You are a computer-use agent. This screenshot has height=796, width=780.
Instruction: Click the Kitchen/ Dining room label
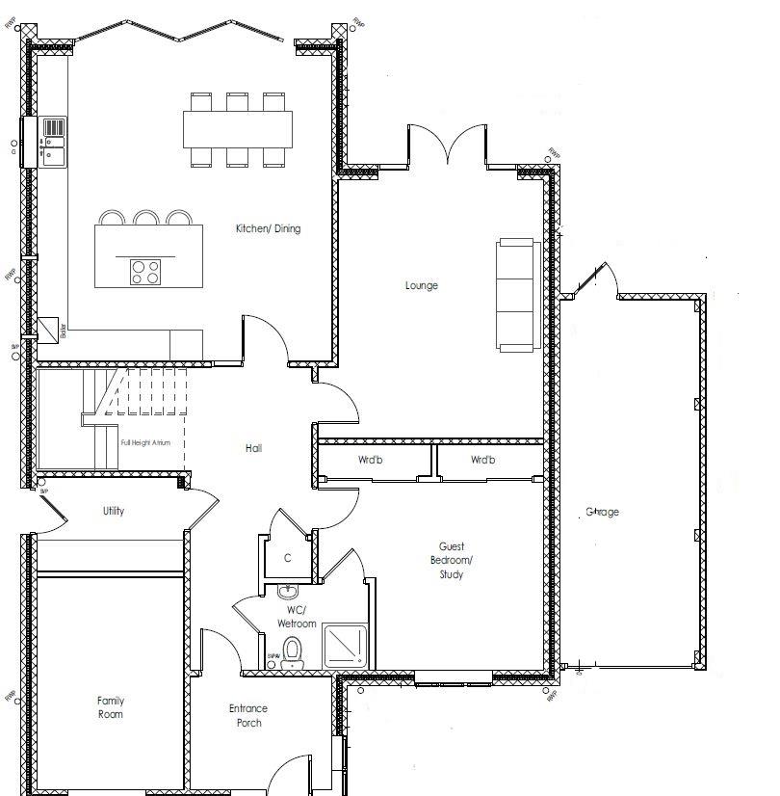(268, 229)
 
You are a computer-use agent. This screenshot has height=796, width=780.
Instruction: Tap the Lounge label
(421, 285)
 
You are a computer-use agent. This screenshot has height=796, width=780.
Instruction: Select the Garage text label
(602, 512)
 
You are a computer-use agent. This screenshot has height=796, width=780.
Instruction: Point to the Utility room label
(113, 511)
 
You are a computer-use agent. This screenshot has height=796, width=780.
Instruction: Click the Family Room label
(110, 707)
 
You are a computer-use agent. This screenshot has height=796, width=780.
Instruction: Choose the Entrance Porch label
(247, 715)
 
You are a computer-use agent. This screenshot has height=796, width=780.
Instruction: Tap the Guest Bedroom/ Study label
(451, 560)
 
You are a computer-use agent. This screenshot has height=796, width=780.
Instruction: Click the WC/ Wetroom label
(296, 617)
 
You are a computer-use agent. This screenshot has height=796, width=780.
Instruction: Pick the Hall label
(253, 448)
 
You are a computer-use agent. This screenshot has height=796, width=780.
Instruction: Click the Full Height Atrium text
(145, 443)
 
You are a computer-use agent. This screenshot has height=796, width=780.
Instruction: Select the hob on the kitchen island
(146, 272)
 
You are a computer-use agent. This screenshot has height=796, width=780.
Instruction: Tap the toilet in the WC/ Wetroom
(294, 652)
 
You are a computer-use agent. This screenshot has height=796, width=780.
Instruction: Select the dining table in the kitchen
(237, 128)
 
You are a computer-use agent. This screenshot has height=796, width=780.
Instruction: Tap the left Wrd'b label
(371, 460)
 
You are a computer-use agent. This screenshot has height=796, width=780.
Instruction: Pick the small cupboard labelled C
(287, 558)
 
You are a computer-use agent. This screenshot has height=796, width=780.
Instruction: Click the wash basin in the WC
(285, 591)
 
